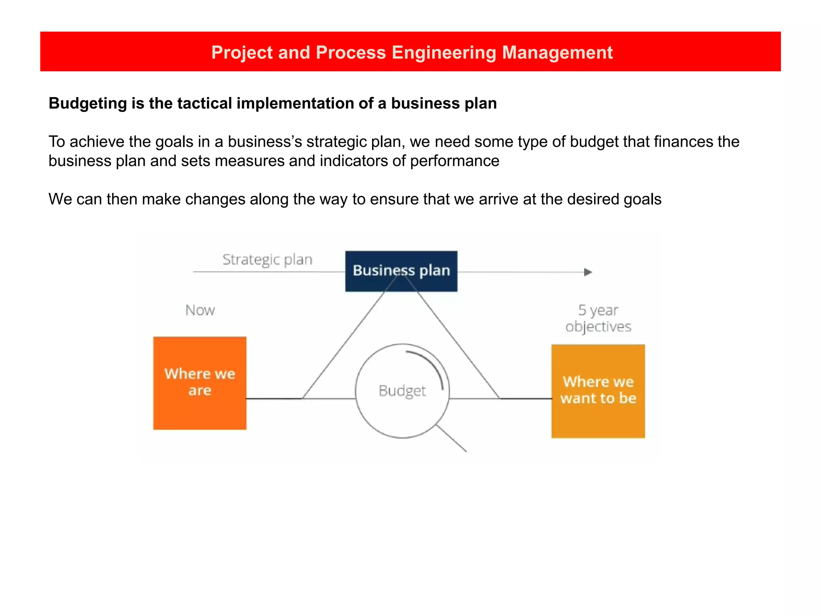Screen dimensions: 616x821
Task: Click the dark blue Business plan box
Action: [x=401, y=271]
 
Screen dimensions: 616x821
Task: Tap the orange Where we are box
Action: [x=200, y=383]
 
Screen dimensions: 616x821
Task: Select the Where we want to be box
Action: [x=598, y=391]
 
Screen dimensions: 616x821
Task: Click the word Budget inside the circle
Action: [x=402, y=391]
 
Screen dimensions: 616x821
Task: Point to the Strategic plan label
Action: [x=267, y=259]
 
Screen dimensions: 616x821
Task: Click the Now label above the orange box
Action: [x=200, y=310]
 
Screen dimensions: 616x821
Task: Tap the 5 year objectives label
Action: [x=598, y=318]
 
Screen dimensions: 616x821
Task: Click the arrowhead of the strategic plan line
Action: [x=588, y=272]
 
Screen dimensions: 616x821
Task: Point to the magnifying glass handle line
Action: [x=452, y=439]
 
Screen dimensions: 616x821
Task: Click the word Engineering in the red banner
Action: [x=444, y=53]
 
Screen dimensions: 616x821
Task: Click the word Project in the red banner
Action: [x=242, y=53]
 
